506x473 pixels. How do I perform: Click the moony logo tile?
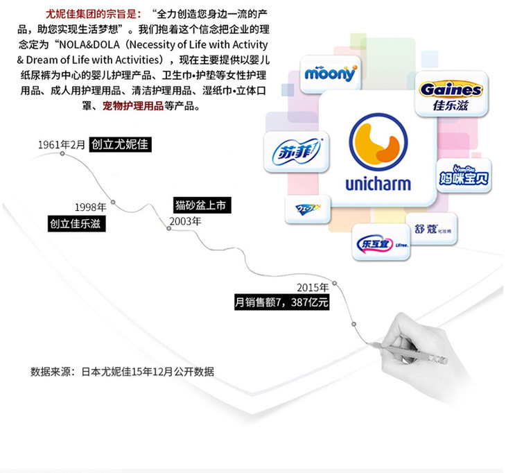330,74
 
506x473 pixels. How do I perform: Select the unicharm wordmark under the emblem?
378,185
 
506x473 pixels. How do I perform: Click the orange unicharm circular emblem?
378,144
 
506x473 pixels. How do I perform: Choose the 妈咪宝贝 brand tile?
464,177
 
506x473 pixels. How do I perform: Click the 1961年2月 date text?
62,145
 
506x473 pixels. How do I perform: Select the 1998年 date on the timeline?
90,207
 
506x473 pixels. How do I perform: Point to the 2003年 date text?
186,221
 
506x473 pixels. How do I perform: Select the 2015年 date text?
312,287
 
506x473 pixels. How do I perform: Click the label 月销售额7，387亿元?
281,302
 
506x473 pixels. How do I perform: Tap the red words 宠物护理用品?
133,106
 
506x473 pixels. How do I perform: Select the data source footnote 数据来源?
122,371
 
